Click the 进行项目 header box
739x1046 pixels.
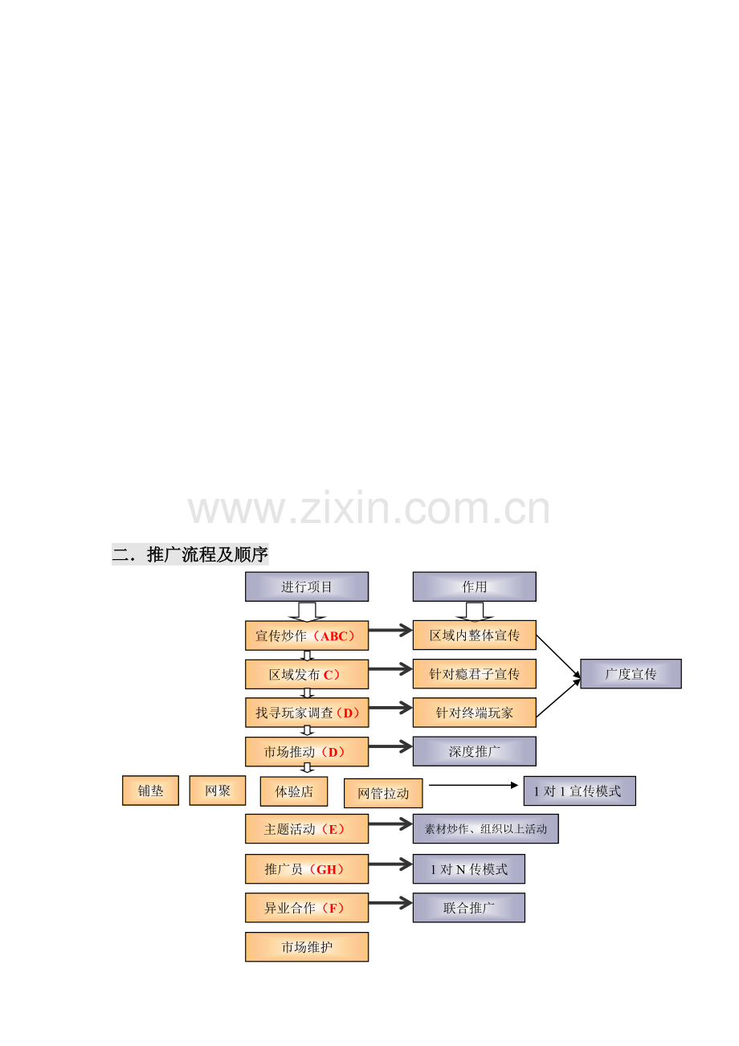307,586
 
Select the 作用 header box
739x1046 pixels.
474,586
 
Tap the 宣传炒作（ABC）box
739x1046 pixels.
307,635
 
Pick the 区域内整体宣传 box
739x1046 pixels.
474,635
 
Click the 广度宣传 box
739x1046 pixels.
631,674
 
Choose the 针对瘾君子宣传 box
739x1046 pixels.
474,674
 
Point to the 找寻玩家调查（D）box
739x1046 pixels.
307,713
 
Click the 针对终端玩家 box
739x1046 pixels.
474,713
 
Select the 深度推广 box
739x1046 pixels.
474,751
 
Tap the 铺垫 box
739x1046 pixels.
150,791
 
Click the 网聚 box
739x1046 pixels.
218,791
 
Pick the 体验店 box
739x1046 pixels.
294,791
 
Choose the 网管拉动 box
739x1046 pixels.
383,793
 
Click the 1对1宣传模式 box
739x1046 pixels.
579,791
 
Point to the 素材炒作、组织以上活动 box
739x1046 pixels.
485,829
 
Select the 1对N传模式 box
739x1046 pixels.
468,869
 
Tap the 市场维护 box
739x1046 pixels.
307,947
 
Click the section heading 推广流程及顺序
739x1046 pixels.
207,555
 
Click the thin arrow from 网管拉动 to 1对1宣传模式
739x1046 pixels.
473,786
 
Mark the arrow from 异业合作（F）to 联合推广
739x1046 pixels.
390,903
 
